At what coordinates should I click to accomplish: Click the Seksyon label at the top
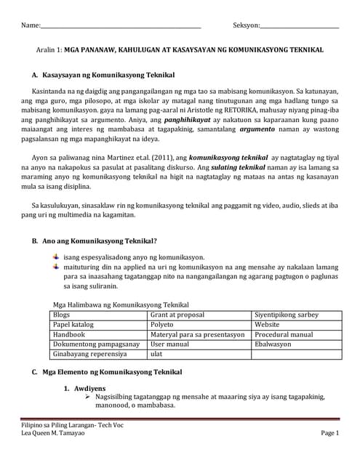click(246, 25)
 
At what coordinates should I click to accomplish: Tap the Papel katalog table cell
click(73, 325)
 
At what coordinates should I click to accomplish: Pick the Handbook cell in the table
click(69, 335)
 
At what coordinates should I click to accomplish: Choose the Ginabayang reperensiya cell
click(89, 355)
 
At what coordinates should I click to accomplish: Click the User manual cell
click(170, 344)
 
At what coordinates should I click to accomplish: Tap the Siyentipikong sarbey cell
click(287, 315)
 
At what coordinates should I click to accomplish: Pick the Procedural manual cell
click(284, 335)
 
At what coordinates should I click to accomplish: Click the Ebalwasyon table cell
click(273, 344)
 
